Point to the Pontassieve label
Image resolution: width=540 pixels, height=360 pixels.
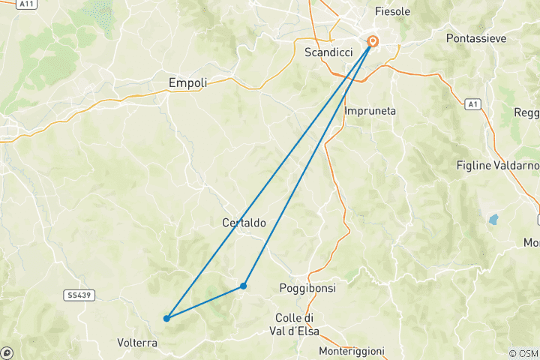pos(475,37)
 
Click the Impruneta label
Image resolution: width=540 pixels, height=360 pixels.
pos(370,111)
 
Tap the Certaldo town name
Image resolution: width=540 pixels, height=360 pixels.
pos(244,223)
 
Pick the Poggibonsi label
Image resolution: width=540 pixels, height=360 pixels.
pos(307,288)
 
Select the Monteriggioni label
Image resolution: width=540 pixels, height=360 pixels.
pos(352,351)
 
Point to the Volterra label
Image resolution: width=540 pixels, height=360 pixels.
pos(137,343)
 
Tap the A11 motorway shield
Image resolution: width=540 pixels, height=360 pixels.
pos(27,4)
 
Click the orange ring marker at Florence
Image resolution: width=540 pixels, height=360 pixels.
pos(373,42)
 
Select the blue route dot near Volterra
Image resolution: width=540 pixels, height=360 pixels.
pos(166,319)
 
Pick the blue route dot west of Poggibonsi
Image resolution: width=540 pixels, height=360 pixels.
pos(244,286)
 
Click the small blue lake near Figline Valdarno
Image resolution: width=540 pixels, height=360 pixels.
pos(493,220)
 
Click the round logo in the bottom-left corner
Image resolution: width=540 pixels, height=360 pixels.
pos(7,352)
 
